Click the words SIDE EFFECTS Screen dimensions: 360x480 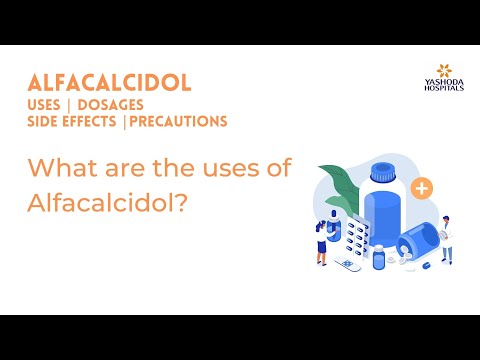74,122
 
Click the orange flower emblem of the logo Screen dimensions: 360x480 437,71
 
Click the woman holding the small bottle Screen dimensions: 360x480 322,240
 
